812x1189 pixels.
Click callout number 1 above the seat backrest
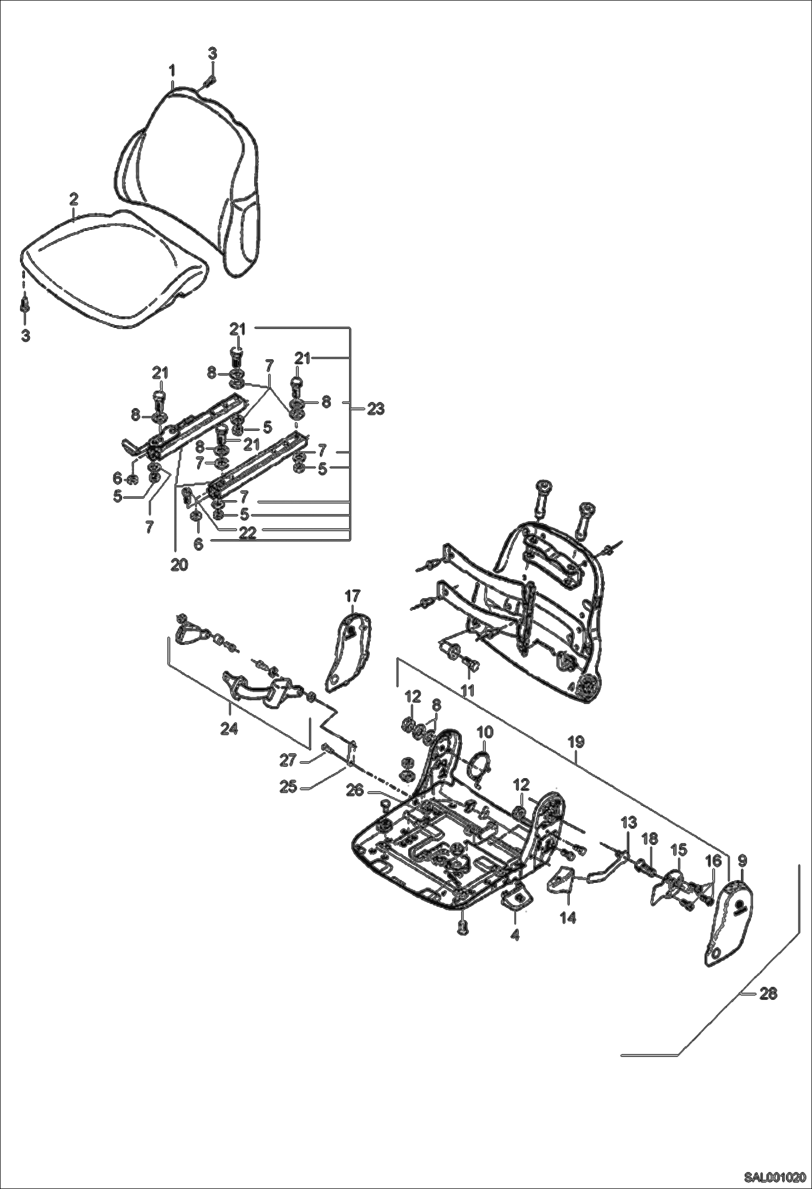point(172,70)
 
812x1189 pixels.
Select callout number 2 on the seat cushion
point(74,198)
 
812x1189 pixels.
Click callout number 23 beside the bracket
point(375,409)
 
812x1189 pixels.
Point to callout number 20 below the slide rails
point(179,564)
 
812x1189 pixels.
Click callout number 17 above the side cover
point(352,597)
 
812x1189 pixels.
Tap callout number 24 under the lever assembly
point(230,729)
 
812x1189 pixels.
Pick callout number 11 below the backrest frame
point(467,690)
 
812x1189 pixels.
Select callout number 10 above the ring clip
point(485,732)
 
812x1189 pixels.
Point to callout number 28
point(768,994)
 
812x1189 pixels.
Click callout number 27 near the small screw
point(288,761)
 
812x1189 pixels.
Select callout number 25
point(288,786)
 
